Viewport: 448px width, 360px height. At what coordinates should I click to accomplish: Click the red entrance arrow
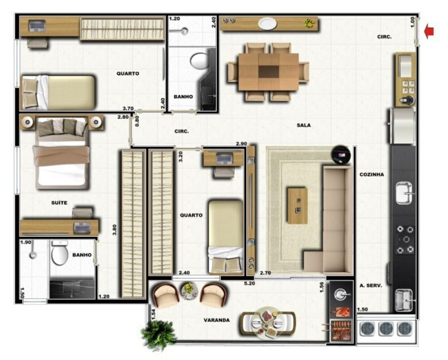click(x=429, y=31)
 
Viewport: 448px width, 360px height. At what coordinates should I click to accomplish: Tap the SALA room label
click(x=303, y=125)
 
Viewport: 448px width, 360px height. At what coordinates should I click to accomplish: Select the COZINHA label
click(x=372, y=174)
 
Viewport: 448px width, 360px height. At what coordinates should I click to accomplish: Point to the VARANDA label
click(x=216, y=320)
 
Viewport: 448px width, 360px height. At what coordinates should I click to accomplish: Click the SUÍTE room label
click(x=59, y=203)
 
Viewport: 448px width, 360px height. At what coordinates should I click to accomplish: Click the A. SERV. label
click(x=371, y=286)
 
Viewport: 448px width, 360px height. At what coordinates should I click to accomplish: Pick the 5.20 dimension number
click(x=250, y=283)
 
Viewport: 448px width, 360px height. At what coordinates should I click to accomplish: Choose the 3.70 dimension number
click(x=128, y=108)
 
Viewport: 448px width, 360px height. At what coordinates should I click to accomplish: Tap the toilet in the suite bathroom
click(x=60, y=253)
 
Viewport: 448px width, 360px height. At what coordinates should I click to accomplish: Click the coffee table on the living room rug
click(x=297, y=205)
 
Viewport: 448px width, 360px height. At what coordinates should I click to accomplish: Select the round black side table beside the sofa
click(x=341, y=155)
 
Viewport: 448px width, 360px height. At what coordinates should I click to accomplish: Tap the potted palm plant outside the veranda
click(x=158, y=334)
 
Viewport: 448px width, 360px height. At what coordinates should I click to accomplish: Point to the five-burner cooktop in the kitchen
click(x=405, y=239)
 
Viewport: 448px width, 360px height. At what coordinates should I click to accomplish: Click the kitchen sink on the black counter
click(x=404, y=193)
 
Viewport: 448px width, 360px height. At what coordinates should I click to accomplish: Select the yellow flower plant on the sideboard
click(x=309, y=23)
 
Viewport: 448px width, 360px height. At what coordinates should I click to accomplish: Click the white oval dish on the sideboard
click(x=268, y=23)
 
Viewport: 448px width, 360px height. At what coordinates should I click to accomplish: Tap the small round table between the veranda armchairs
click(x=189, y=290)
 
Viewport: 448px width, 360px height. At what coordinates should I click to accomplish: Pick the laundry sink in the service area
click(x=404, y=300)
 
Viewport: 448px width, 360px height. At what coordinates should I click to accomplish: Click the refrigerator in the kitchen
click(x=402, y=126)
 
